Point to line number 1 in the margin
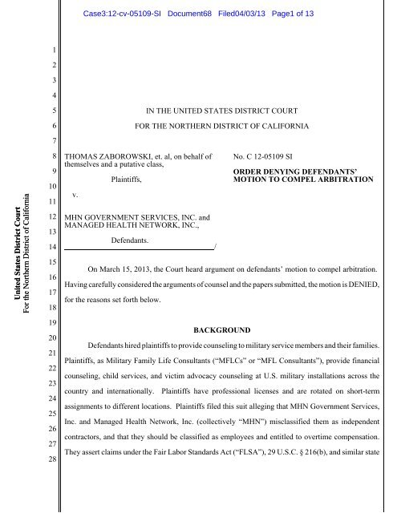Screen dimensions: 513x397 50,48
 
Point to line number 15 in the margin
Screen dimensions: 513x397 50,262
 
